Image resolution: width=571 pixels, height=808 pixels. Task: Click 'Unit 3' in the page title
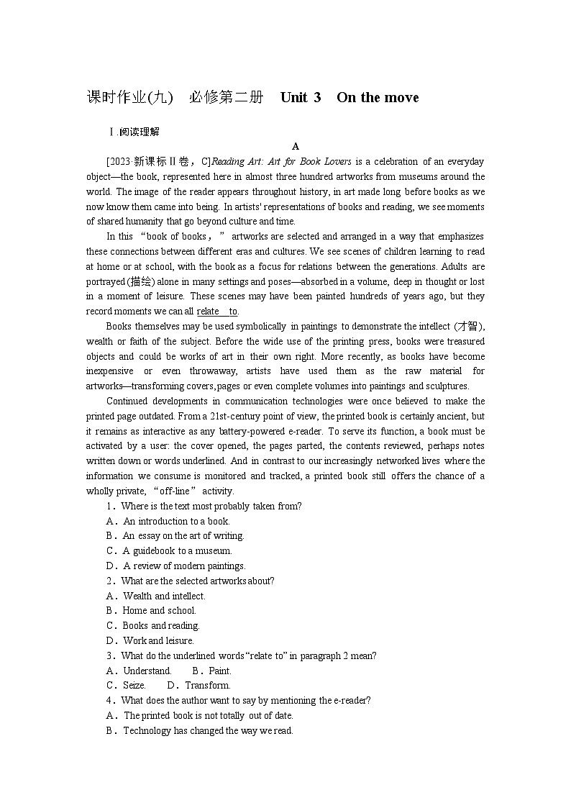pyautogui.click(x=300, y=98)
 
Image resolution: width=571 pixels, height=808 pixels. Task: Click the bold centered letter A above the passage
pyautogui.click(x=296, y=146)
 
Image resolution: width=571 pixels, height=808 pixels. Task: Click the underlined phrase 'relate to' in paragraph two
pyautogui.click(x=216, y=311)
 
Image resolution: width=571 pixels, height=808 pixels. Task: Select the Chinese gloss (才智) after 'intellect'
pyautogui.click(x=470, y=326)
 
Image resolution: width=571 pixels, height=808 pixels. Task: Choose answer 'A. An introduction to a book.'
pyautogui.click(x=168, y=521)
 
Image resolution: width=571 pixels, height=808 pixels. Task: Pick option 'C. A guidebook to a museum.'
pyautogui.click(x=169, y=551)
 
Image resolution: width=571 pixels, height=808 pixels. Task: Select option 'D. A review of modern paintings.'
pyautogui.click(x=175, y=566)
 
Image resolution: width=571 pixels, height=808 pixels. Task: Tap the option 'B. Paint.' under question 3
pyautogui.click(x=201, y=671)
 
